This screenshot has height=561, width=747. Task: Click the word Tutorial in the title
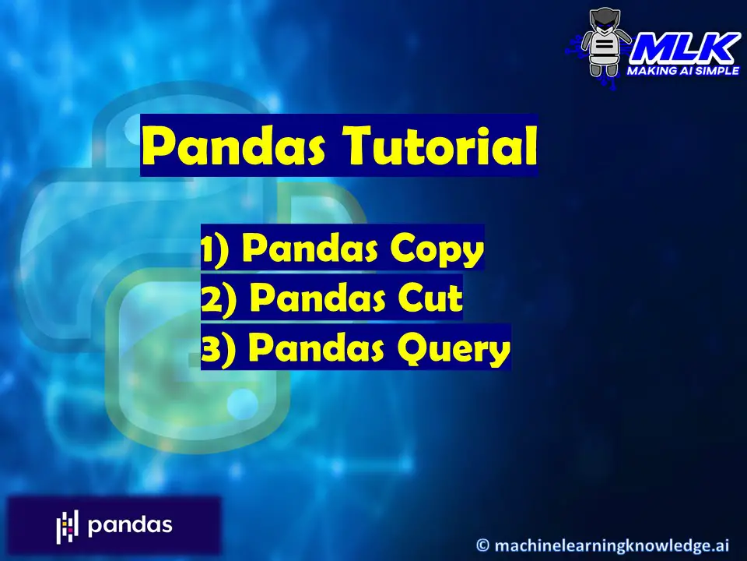tap(440, 145)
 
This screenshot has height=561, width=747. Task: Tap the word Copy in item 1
tap(437, 249)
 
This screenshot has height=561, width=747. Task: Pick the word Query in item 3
tap(454, 349)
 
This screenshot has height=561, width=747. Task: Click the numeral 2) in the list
tap(218, 299)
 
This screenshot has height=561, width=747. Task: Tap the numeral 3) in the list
tap(218, 350)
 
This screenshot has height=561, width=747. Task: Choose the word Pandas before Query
tap(317, 348)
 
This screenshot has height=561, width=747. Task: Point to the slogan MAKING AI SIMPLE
tap(682, 71)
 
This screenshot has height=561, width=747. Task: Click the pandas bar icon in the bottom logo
tap(67, 527)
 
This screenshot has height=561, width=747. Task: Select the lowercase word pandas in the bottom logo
tap(130, 526)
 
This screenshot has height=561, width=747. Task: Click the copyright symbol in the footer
tap(482, 545)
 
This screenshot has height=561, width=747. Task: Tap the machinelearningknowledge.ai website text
tap(612, 545)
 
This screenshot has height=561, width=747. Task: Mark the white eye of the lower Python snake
tap(242, 404)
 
